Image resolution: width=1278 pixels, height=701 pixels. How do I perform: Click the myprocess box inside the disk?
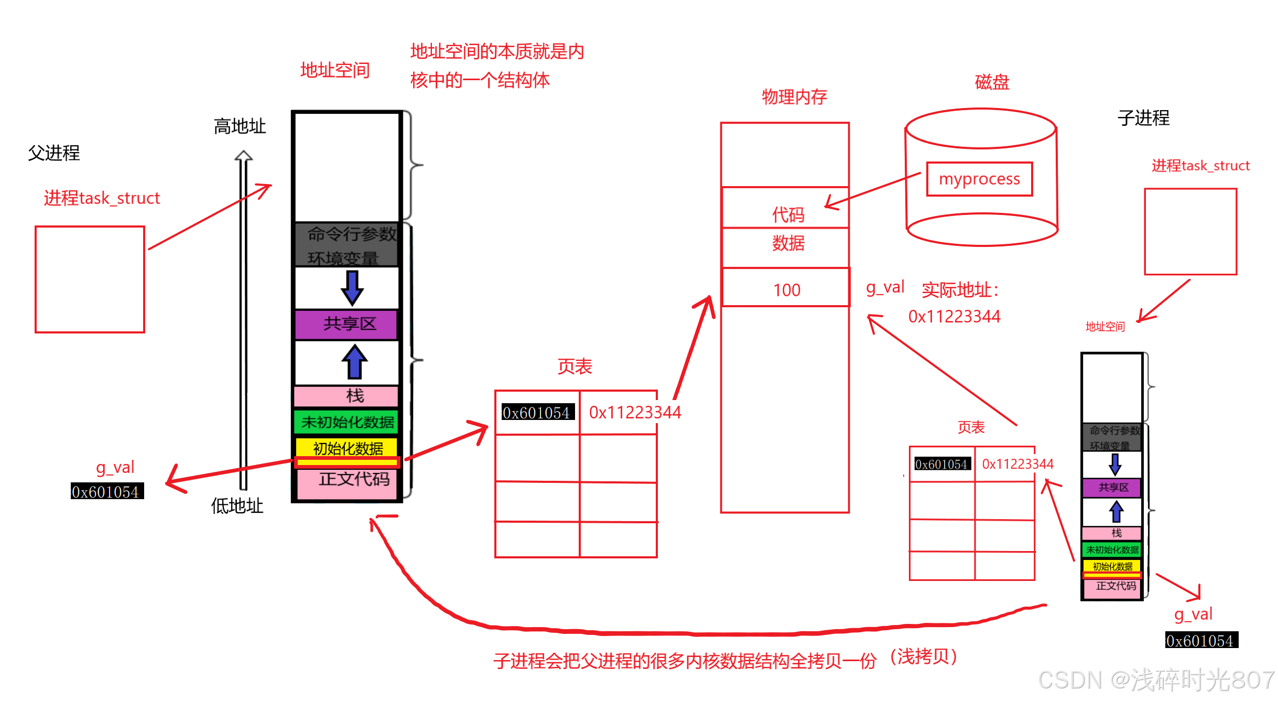coord(979,179)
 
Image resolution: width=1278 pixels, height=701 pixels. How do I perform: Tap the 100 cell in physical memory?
coord(786,289)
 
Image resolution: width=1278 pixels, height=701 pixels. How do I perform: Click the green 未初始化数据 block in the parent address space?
coord(346,422)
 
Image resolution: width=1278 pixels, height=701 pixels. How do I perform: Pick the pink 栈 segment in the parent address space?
coord(346,396)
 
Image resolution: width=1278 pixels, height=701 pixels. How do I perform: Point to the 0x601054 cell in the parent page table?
coord(536,413)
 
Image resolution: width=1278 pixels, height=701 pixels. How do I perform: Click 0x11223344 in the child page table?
coord(1017,464)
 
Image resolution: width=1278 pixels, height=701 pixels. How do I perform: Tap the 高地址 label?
coord(240,126)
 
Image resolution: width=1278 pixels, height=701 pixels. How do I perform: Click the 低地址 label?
coord(237,505)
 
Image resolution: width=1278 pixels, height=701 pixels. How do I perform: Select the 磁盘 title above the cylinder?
coord(992,82)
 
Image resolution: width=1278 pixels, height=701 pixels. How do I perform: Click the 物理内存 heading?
coord(794,97)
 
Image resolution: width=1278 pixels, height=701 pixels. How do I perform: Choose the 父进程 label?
coord(53,153)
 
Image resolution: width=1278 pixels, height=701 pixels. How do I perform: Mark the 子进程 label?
coord(1143,118)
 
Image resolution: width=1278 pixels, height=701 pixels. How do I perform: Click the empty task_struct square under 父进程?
coord(90,279)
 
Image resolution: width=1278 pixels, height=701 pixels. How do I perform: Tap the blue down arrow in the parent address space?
coord(352,288)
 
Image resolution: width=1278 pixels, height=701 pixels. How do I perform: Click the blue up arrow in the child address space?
coord(1116,512)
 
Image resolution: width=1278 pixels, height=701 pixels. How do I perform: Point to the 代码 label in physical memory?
coord(788,214)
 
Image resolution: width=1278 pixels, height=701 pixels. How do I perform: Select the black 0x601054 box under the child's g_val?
coord(1201,640)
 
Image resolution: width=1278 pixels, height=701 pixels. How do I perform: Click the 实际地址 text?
coord(960,290)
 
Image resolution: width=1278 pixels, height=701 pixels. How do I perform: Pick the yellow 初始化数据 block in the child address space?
coord(1112,566)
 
